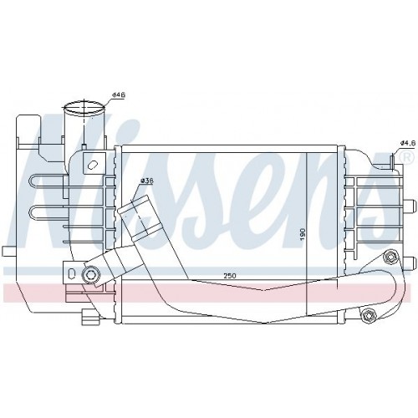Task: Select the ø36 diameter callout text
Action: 146,181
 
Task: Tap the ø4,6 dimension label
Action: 406,143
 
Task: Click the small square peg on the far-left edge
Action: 6,250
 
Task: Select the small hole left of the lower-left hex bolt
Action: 72,273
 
